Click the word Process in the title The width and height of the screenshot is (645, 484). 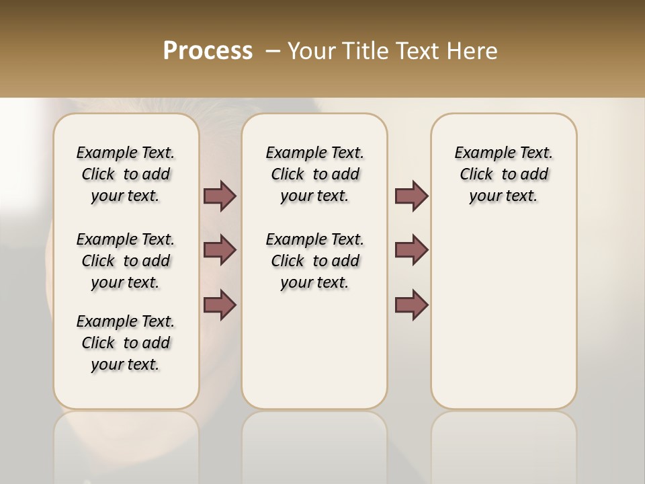pyautogui.click(x=208, y=51)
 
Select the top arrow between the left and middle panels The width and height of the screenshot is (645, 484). pyautogui.click(x=220, y=196)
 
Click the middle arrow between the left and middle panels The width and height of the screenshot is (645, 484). pyautogui.click(x=220, y=250)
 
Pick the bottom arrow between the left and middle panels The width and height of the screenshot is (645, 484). pyautogui.click(x=220, y=305)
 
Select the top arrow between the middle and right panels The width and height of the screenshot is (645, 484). pyautogui.click(x=411, y=196)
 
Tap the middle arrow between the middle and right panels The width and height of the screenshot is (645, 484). pyautogui.click(x=411, y=250)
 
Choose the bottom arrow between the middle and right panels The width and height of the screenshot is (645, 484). pyautogui.click(x=411, y=305)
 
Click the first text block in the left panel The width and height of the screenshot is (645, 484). pyautogui.click(x=126, y=174)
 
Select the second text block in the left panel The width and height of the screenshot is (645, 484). pyautogui.click(x=126, y=261)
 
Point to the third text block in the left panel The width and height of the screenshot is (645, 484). pyautogui.click(x=126, y=343)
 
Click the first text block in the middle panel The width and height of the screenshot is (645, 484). pyautogui.click(x=314, y=174)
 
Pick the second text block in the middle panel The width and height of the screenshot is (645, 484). pyautogui.click(x=314, y=261)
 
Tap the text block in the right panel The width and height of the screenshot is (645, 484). pyautogui.click(x=503, y=174)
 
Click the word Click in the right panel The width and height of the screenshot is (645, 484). pyautogui.click(x=476, y=175)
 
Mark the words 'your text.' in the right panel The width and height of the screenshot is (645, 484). pyautogui.click(x=503, y=196)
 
